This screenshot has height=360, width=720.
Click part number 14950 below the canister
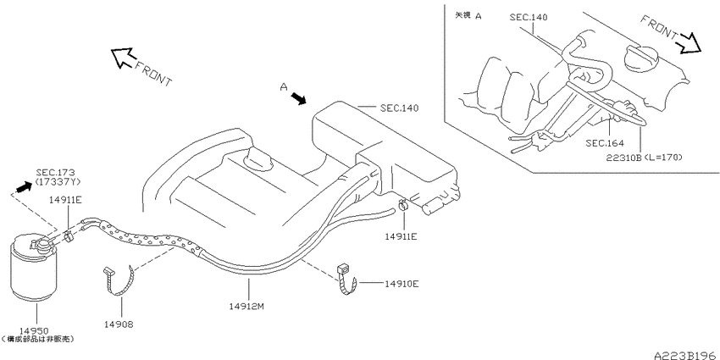[34, 330]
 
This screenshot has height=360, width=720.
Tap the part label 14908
[119, 324]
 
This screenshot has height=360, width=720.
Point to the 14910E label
[402, 284]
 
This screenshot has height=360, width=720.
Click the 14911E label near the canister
[67, 199]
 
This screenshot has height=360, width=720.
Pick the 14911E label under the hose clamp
[401, 236]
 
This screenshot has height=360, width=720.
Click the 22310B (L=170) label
[645, 158]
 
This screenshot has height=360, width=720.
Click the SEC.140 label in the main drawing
[400, 108]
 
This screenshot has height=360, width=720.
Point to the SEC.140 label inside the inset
[529, 18]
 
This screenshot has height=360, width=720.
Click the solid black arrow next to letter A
[299, 97]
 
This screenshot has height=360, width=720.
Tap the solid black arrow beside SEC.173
[24, 187]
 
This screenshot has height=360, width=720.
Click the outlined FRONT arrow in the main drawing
[123, 58]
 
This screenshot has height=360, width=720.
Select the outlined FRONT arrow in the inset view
[690, 43]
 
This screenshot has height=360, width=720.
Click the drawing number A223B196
[686, 355]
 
